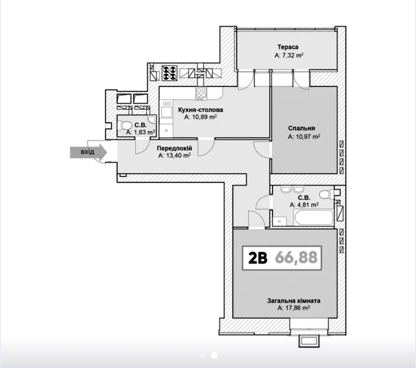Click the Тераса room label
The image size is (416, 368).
click(x=288, y=47)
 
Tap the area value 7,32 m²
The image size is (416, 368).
click(x=289, y=55)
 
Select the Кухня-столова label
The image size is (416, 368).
click(x=200, y=110)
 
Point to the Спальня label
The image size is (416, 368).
click(x=301, y=128)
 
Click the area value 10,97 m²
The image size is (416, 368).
click(x=304, y=137)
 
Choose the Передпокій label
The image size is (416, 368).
click(x=174, y=148)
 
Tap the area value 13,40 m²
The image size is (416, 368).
click(x=175, y=155)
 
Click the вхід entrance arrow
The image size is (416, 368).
click(x=88, y=152)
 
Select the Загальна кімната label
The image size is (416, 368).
click(x=294, y=301)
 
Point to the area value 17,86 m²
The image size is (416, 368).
click(x=294, y=308)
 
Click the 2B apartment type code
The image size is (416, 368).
click(x=258, y=258)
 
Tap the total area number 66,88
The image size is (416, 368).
click(x=296, y=258)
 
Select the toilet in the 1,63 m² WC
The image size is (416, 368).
click(x=126, y=125)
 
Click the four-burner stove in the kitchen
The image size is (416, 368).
click(x=201, y=94)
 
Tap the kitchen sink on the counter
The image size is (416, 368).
click(x=166, y=112)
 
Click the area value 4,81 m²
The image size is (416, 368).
click(x=304, y=205)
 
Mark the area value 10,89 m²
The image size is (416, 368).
click(x=201, y=117)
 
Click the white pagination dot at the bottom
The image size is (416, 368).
click(x=214, y=355)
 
